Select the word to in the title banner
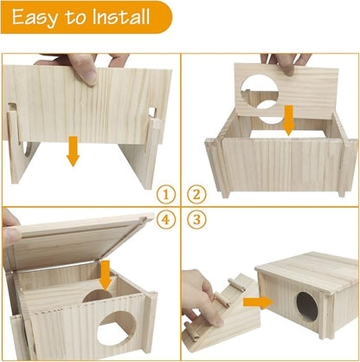click(74, 17)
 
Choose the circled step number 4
click(167, 220)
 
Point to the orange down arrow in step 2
click(288, 122)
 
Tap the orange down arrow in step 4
click(106, 275)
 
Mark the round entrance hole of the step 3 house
click(306, 307)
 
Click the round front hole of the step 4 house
click(111, 331)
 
